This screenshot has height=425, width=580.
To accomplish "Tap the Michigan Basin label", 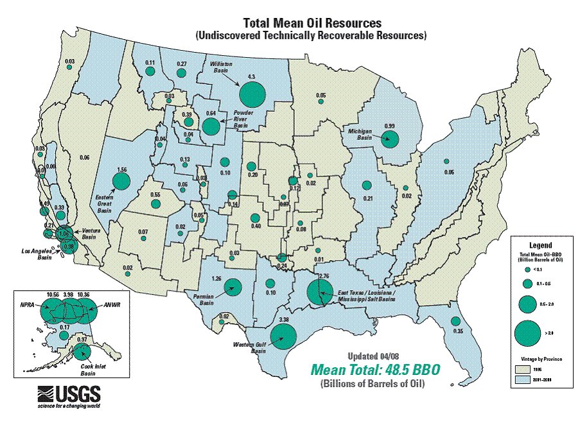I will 360,132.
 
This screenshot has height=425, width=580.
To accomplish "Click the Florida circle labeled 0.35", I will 455,321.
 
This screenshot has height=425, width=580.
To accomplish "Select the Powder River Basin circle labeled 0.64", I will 210,125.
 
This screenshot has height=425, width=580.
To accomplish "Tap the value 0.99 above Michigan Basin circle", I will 389,126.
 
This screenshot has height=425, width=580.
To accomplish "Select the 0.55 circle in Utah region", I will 155,204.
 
